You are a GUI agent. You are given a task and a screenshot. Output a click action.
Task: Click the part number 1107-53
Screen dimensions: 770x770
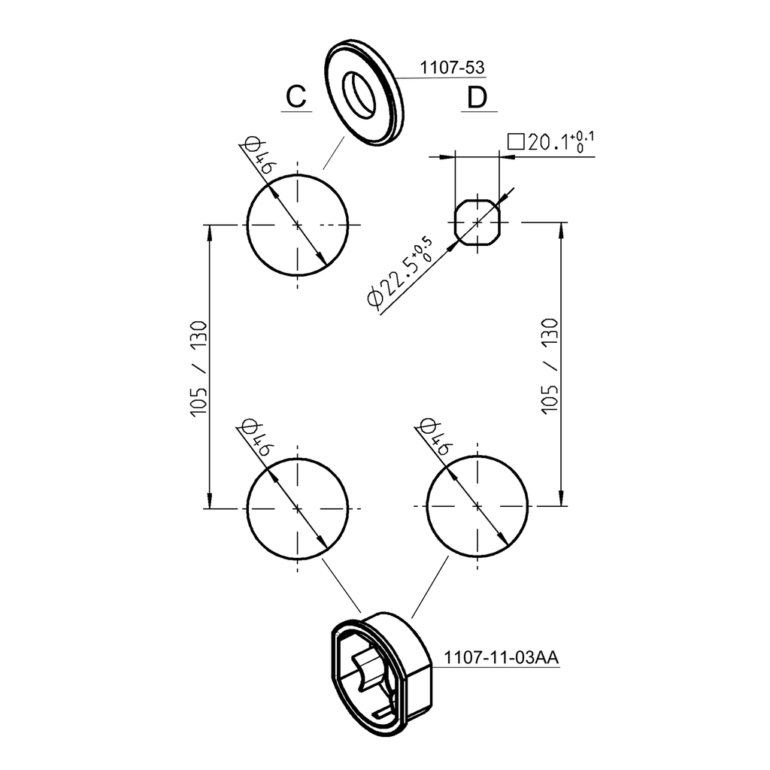click(451, 68)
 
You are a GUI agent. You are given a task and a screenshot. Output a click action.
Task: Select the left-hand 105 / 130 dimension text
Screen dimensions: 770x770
click(199, 368)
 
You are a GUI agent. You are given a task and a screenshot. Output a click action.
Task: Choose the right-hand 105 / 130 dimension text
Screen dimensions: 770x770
click(550, 366)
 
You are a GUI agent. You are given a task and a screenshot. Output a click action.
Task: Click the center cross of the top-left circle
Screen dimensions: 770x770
click(298, 224)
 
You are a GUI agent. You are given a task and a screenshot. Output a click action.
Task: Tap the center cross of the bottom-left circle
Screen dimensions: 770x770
click(298, 508)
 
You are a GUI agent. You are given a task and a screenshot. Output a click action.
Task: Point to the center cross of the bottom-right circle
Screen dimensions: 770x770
click(477, 507)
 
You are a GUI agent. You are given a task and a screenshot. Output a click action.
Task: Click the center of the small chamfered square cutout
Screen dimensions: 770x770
click(477, 223)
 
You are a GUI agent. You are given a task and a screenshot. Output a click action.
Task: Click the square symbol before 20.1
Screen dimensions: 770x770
click(516, 142)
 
